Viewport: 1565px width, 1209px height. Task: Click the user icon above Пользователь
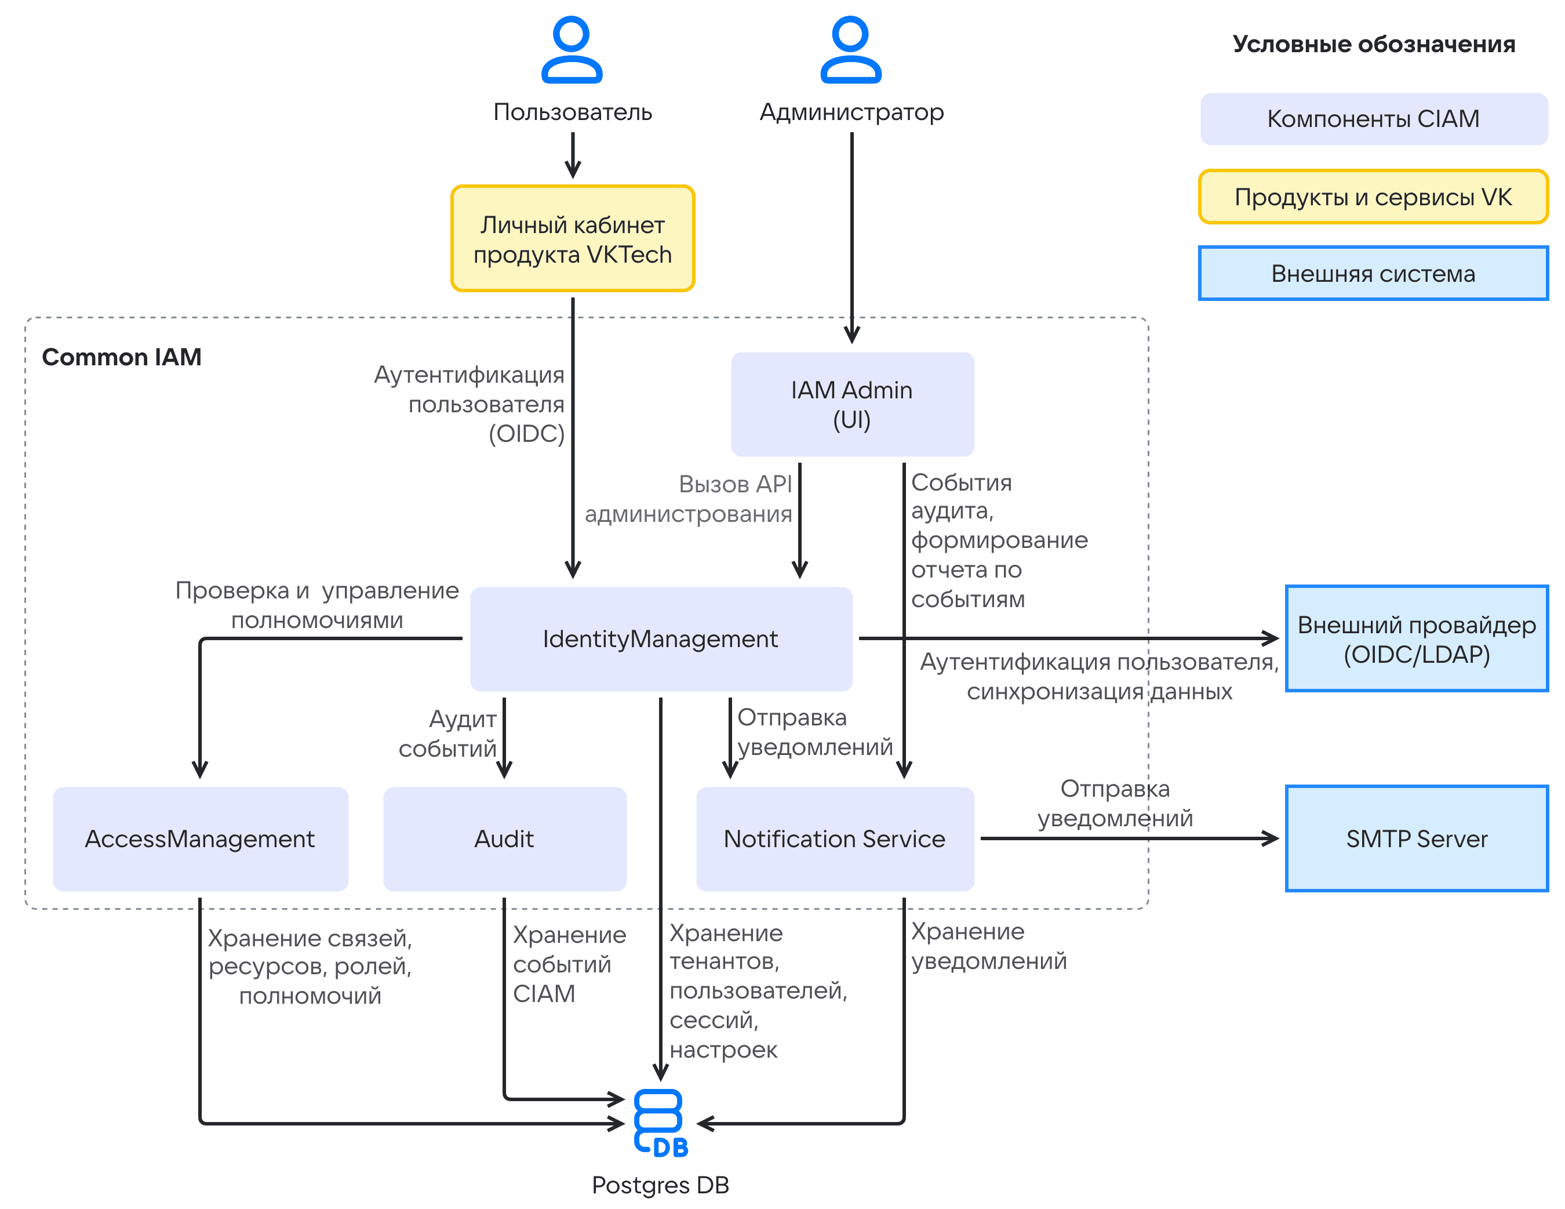572,50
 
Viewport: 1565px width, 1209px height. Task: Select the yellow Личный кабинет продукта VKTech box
573,239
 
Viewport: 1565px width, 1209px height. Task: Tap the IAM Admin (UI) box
852,404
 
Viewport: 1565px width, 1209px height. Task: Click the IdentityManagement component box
661,638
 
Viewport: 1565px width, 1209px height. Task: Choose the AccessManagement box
201,838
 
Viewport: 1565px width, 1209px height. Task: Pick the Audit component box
504,838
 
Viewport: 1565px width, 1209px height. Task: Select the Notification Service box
835,838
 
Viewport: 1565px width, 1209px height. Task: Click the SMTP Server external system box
1417,838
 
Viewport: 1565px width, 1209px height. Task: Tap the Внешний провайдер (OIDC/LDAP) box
1417,638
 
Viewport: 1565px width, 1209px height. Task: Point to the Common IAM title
122,357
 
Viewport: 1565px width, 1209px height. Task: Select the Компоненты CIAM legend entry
1374,119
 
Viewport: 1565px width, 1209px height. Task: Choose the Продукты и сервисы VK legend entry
1374,197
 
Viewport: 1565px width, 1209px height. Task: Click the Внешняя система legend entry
1374,273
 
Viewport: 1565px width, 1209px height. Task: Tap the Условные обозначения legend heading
1374,45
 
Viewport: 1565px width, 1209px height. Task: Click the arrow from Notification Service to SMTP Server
1129,838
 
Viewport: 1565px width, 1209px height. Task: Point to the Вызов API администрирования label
689,499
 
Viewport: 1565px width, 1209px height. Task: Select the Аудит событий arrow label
448,733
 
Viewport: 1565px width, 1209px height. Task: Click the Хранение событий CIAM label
570,964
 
